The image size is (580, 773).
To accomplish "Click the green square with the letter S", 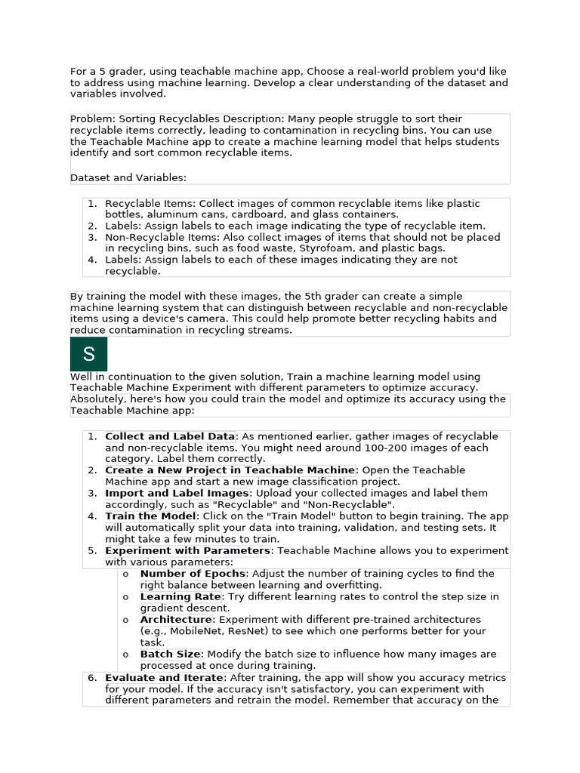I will [x=89, y=354].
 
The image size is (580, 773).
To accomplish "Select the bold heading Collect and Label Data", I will [x=170, y=436].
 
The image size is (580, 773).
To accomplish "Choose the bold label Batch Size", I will [x=170, y=654].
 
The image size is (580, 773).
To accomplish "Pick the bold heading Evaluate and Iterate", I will [x=164, y=678].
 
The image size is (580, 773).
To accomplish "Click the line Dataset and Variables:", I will [x=128, y=177].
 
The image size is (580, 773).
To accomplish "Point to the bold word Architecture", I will [x=175, y=619].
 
